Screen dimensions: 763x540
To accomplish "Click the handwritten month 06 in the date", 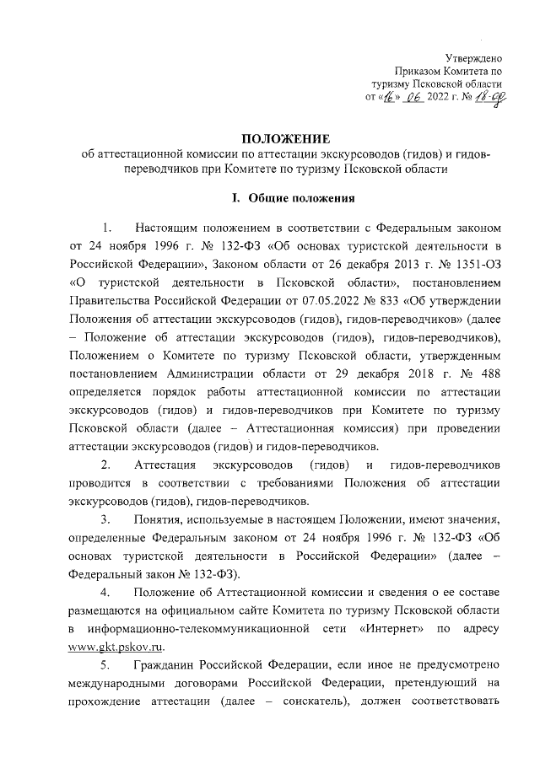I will point(413,98).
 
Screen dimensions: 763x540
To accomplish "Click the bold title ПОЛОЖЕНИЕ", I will point(280,138).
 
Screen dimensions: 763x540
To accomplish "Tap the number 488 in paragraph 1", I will point(490,373).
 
